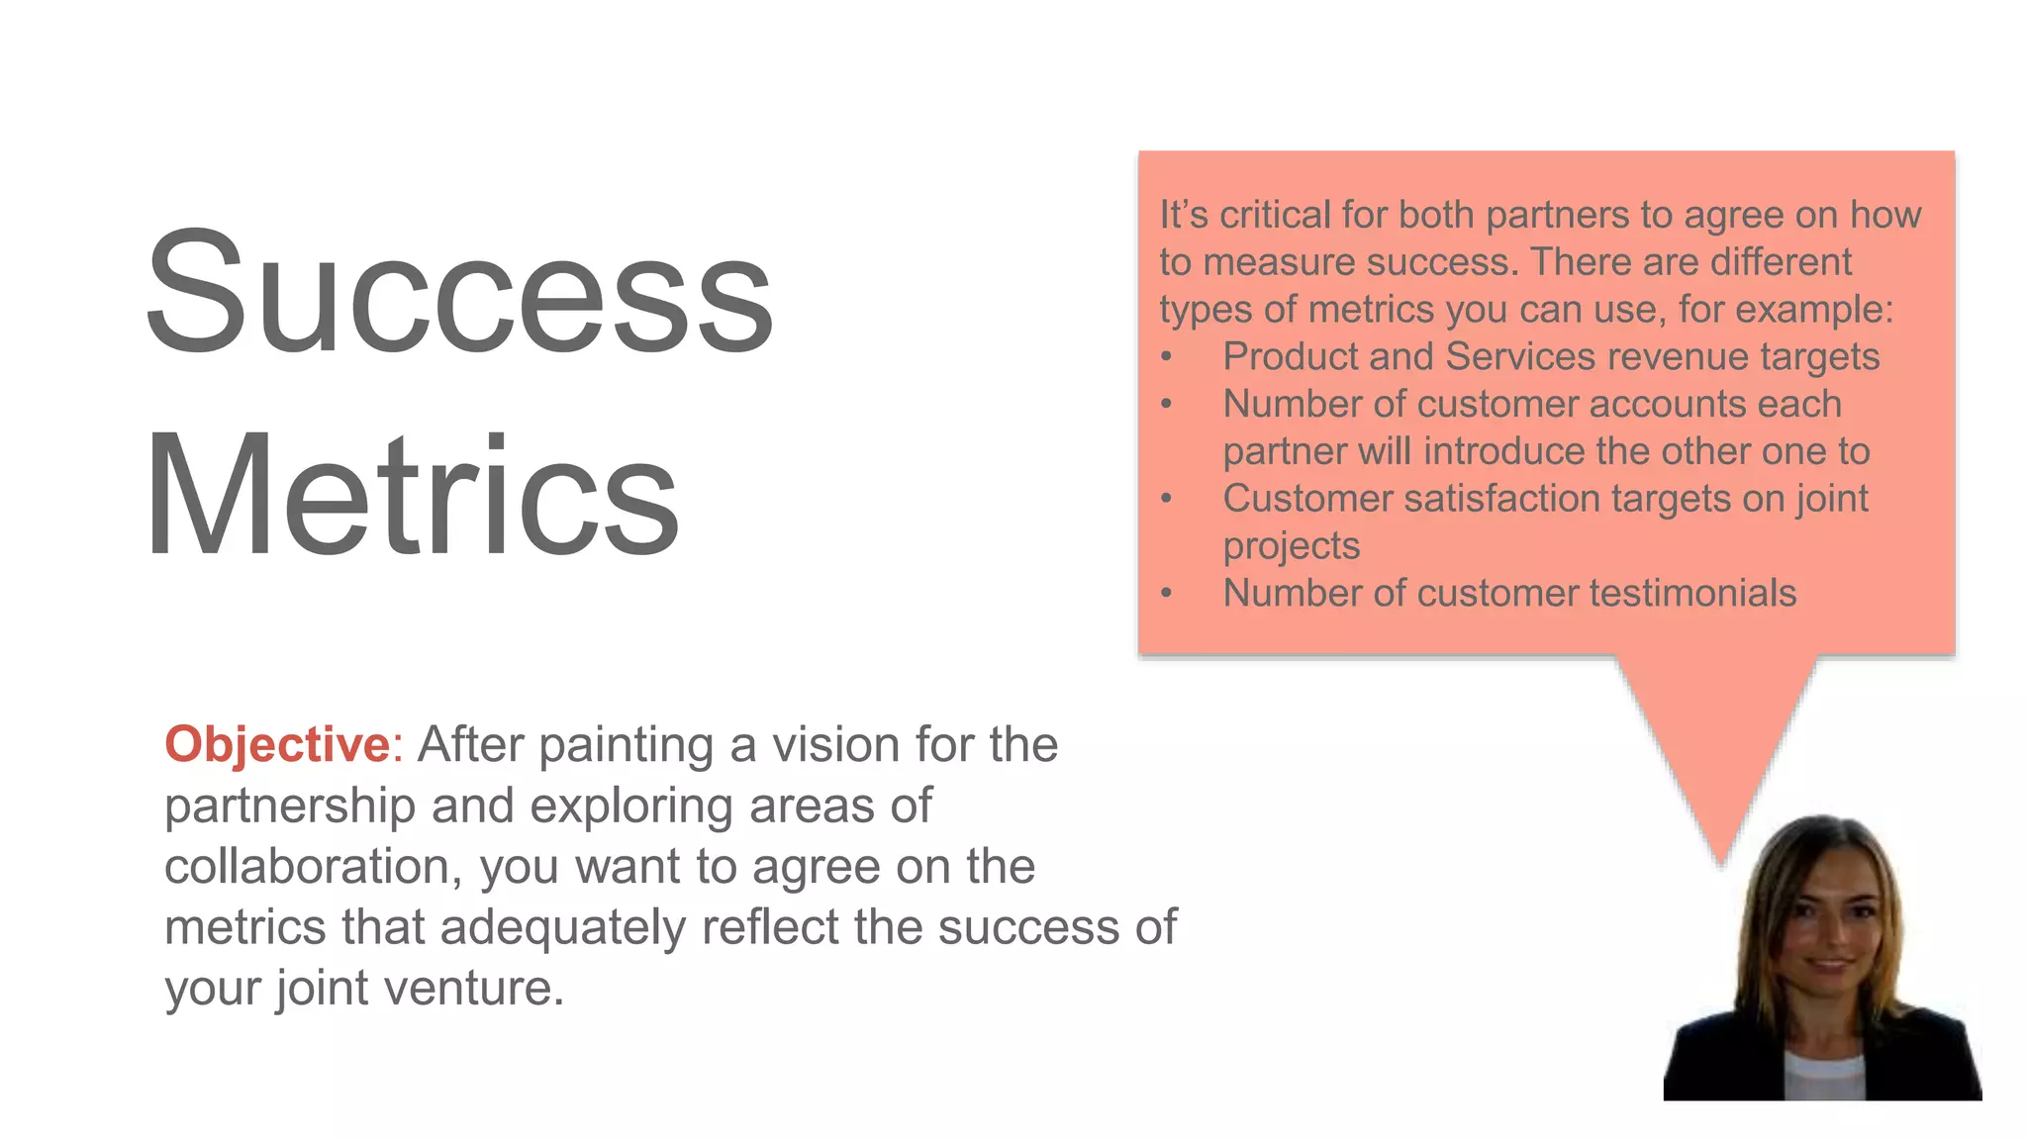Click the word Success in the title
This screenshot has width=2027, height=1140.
coord(459,292)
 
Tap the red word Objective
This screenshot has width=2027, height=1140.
coord(278,744)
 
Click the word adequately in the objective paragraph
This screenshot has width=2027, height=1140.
coord(562,927)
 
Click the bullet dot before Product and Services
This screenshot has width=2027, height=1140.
coord(1167,357)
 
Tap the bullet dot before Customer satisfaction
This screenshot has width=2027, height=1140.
coord(1167,499)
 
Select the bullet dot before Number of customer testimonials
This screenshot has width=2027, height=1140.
coord(1167,594)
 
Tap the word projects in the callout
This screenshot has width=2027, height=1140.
coord(1291,546)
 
